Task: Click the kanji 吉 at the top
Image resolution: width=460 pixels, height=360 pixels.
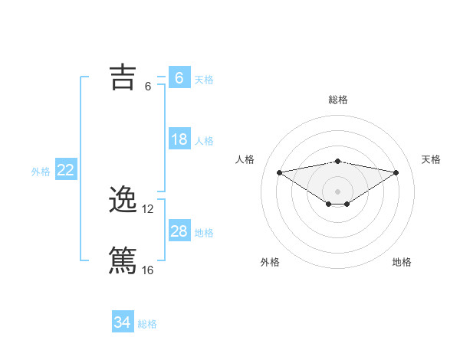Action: (x=123, y=77)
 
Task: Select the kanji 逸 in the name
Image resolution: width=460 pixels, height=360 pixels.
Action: (x=123, y=200)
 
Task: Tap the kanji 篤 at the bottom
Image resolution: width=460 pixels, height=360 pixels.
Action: (x=123, y=260)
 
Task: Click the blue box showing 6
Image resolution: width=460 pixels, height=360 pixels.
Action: (x=179, y=77)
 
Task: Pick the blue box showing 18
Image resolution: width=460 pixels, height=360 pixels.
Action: (x=179, y=139)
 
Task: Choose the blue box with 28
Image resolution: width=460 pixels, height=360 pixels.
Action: (x=179, y=231)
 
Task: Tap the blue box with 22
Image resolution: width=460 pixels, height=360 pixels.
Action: (x=65, y=170)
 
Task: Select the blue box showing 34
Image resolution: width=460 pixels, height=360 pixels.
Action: (x=123, y=322)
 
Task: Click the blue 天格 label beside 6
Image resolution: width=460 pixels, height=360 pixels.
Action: (x=204, y=79)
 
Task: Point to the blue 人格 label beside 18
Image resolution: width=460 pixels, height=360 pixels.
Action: (x=204, y=141)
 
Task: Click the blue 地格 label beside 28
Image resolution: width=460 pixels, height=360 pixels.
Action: (x=204, y=233)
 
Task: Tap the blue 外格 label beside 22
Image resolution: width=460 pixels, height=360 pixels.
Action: (x=41, y=172)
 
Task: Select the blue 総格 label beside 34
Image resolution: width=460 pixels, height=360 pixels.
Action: (x=147, y=324)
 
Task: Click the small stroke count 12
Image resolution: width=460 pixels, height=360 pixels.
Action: (x=149, y=209)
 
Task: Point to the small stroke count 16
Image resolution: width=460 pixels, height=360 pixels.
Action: (x=148, y=270)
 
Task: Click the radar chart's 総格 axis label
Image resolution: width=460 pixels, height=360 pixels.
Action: (x=337, y=100)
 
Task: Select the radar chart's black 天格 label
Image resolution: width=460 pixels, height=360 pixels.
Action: (x=431, y=159)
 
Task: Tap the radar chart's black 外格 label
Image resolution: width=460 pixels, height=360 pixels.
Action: (x=270, y=262)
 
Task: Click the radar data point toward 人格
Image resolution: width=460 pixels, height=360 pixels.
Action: (x=279, y=172)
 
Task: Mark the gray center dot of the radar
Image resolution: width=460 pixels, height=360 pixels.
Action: (x=337, y=191)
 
